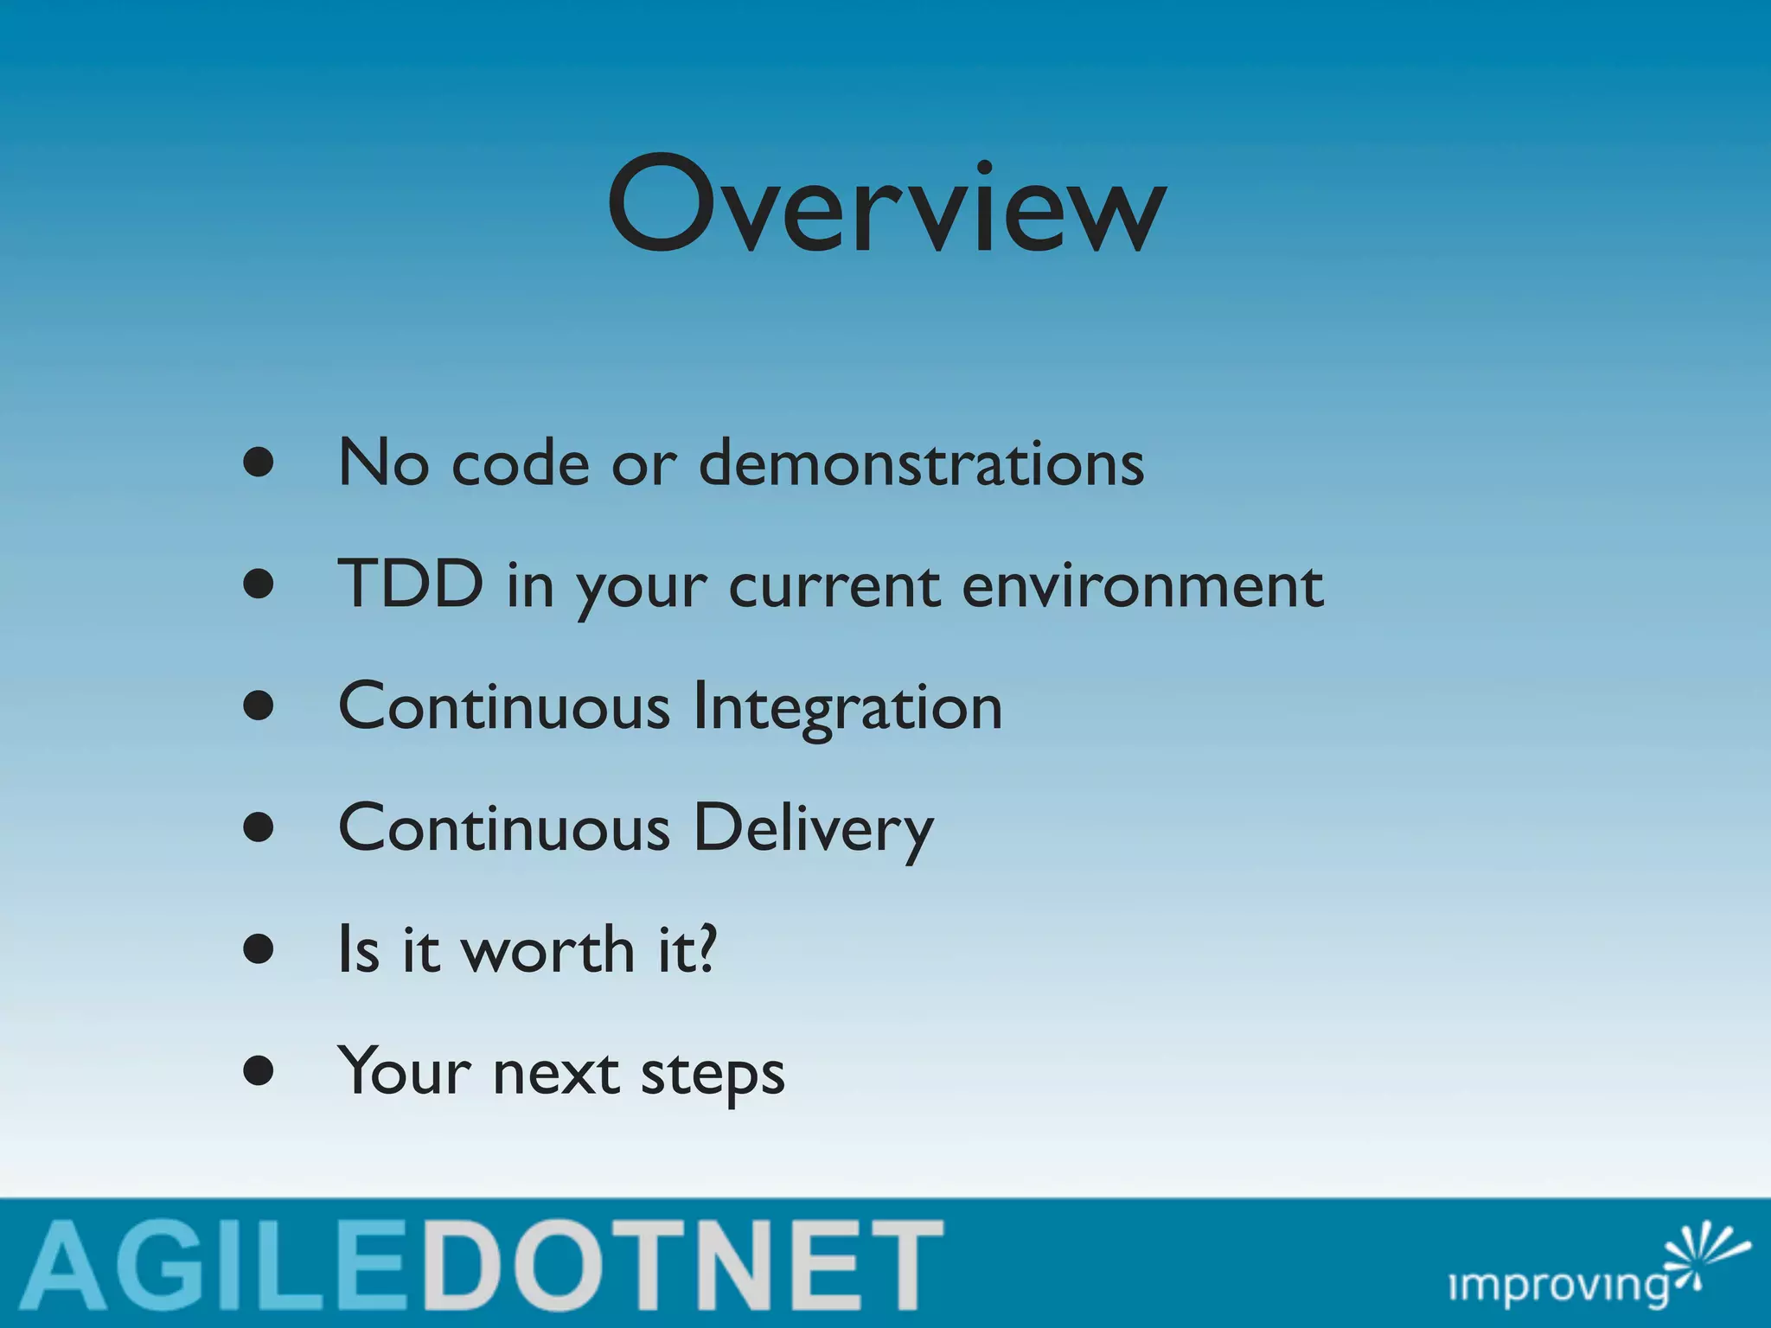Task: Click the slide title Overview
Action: [x=887, y=206]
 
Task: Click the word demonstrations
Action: [x=921, y=463]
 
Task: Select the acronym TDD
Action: [x=410, y=584]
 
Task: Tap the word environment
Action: [x=1142, y=586]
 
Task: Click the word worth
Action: [x=548, y=950]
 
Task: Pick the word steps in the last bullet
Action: [x=713, y=1075]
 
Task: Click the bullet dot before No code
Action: [x=259, y=463]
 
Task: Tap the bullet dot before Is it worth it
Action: [x=259, y=949]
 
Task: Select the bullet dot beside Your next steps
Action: [x=259, y=1071]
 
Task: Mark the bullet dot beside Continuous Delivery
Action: [x=259, y=827]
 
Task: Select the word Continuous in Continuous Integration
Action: [x=503, y=707]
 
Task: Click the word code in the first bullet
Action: [x=521, y=463]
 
